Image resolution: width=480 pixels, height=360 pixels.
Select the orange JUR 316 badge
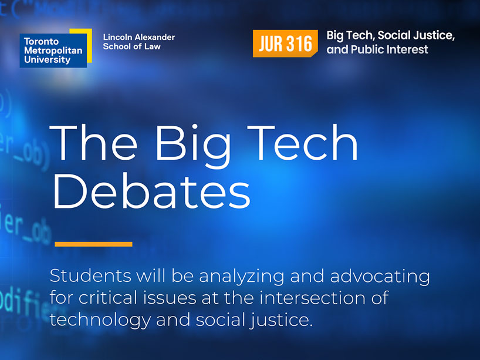[285, 43]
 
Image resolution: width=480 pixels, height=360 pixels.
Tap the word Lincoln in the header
[117, 37]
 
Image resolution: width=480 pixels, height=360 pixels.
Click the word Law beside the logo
[152, 46]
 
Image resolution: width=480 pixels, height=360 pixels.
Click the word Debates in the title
[151, 192]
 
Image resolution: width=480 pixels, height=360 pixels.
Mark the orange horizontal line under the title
[93, 244]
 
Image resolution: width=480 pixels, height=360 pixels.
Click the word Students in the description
[89, 276]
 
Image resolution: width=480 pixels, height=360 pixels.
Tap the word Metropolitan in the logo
[53, 51]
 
